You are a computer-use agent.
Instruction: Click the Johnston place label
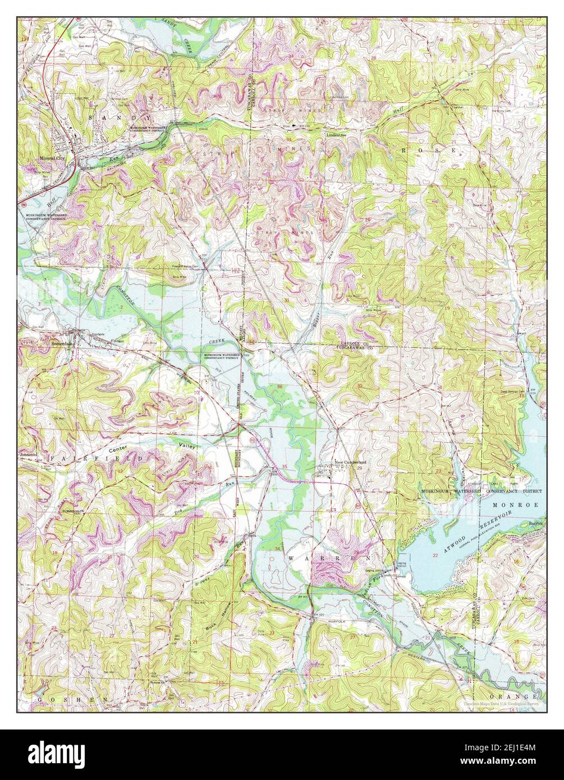[29, 455]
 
